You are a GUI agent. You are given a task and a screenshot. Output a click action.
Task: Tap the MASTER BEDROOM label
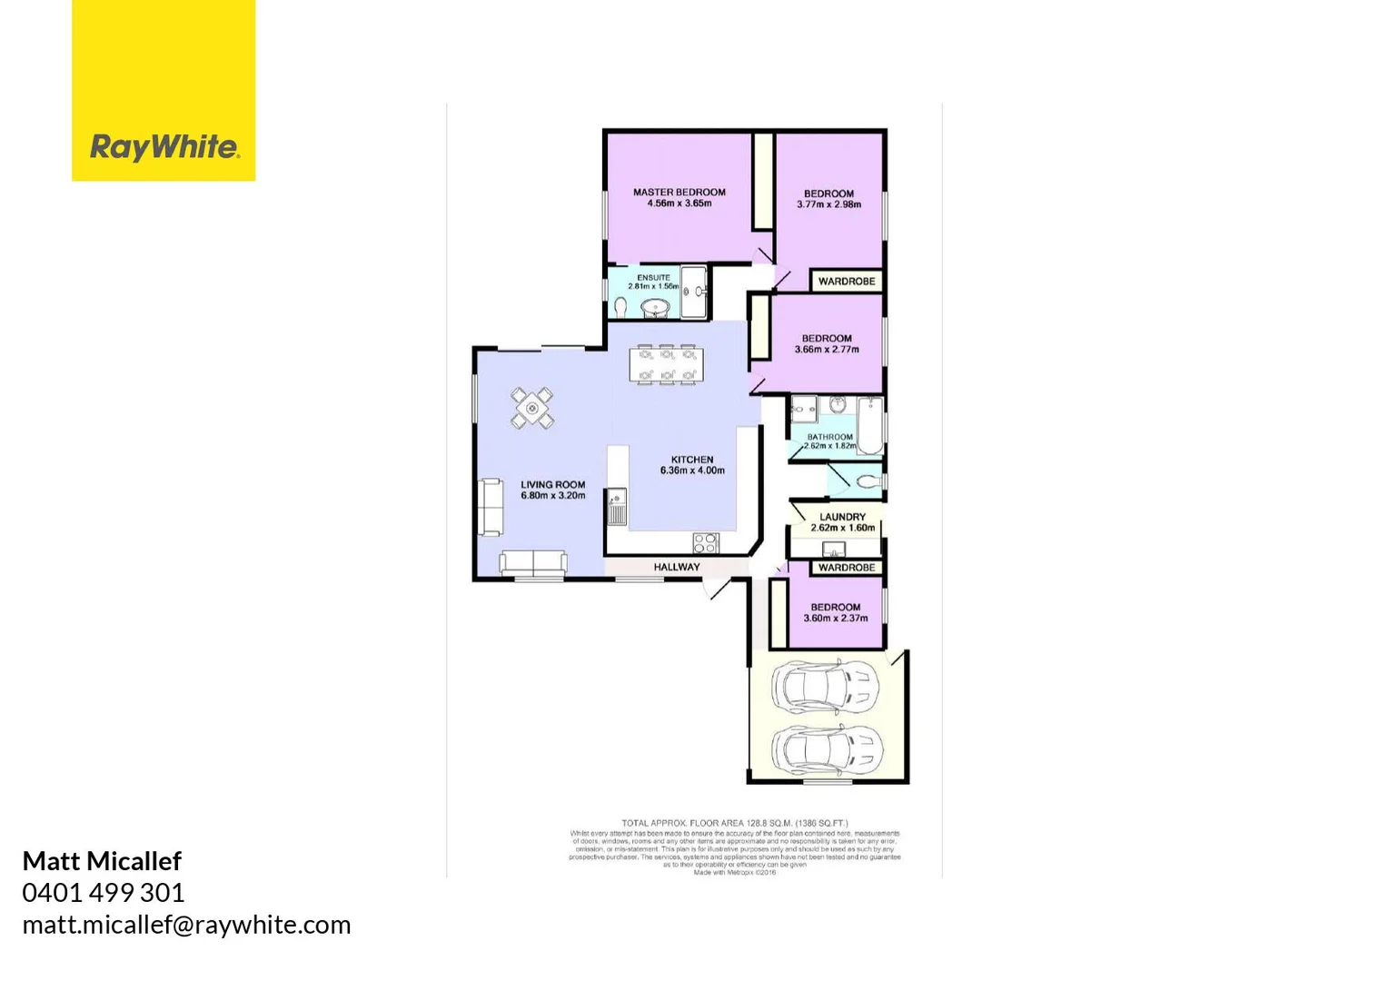pos(679,193)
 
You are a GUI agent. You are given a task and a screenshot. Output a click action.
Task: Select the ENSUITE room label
pos(653,278)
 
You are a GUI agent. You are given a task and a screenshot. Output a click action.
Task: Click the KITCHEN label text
pos(692,460)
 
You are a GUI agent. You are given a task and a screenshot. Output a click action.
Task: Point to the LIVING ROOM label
pos(552,485)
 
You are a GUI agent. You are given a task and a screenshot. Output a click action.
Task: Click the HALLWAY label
pos(677,568)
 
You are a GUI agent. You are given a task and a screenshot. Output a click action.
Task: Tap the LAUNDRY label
pos(842,517)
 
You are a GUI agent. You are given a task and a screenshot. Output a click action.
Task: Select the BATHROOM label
pos(829,437)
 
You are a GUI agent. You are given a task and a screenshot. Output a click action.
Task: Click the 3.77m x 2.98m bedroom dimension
pos(828,205)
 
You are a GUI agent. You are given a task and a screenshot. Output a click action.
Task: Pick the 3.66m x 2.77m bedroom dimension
pos(827,350)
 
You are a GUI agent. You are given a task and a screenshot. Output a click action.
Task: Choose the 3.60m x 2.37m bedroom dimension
pos(835,619)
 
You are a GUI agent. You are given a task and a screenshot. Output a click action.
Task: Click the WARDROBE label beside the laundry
pos(846,568)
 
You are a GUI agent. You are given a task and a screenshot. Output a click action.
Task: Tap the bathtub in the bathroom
pos(870,425)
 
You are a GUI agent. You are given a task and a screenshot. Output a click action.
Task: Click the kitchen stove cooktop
pos(706,543)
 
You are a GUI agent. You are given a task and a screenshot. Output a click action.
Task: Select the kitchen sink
pos(617,509)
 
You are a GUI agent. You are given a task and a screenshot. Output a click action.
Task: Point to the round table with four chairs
pos(532,409)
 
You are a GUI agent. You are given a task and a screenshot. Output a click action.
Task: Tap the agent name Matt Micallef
pos(102,861)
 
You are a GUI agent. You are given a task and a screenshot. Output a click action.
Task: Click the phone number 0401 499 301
pos(104,893)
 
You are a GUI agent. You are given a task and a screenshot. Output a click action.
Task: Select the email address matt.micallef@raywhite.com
pos(186,925)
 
